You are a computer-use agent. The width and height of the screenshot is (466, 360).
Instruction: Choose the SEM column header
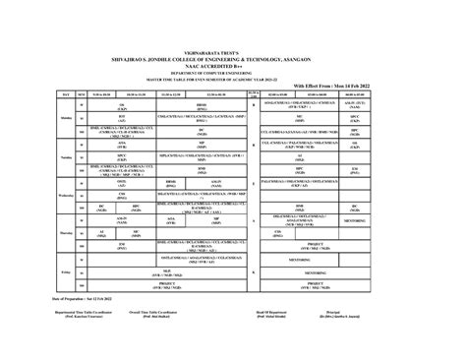83,94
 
